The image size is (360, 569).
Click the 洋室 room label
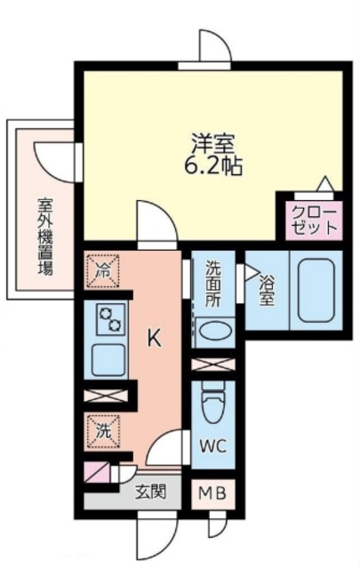tap(213, 144)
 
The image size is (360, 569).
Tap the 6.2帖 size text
tap(213, 166)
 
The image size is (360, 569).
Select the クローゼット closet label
tap(315, 220)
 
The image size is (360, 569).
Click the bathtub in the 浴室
tap(316, 291)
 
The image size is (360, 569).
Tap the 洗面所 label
tap(213, 284)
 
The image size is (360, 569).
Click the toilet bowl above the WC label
tap(213, 404)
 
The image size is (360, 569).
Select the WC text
tap(213, 445)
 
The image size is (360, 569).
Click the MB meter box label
tap(213, 493)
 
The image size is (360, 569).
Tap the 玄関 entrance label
tap(150, 492)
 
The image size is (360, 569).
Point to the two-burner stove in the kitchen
tap(111, 319)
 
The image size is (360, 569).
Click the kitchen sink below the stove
tap(108, 360)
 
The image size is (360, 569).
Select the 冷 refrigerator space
tap(103, 271)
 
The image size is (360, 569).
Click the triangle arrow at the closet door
tap(324, 183)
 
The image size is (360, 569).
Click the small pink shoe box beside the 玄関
tap(97, 472)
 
